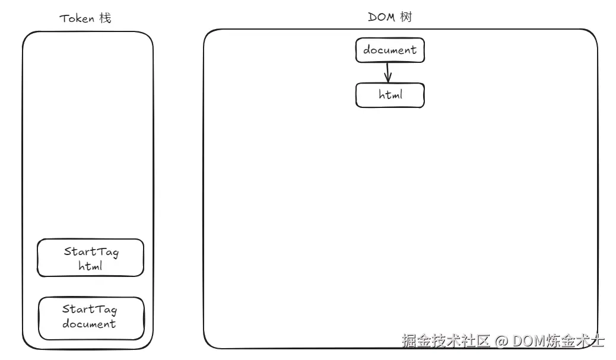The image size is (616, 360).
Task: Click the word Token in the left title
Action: pyautogui.click(x=77, y=18)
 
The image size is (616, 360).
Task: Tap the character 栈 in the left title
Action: pyautogui.click(x=104, y=18)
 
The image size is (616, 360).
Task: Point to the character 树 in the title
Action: pyautogui.click(x=406, y=17)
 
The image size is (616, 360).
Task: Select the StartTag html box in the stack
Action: pyautogui.click(x=90, y=258)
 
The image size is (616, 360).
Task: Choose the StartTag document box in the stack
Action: pyautogui.click(x=91, y=318)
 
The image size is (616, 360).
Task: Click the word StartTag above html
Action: pyautogui.click(x=91, y=251)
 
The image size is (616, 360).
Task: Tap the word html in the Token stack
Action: pyautogui.click(x=90, y=266)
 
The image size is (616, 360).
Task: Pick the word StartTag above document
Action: pyautogui.click(x=90, y=309)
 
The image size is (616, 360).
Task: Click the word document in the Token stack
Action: pyautogui.click(x=89, y=324)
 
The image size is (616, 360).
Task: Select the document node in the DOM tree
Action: pyautogui.click(x=390, y=50)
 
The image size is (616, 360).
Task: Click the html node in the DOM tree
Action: pyautogui.click(x=390, y=95)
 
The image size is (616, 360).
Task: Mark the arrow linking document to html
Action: pyautogui.click(x=388, y=72)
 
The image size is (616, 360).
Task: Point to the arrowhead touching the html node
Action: pyautogui.click(x=388, y=79)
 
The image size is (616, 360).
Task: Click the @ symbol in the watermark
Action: pyautogui.click(x=501, y=341)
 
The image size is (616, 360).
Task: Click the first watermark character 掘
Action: pyautogui.click(x=408, y=341)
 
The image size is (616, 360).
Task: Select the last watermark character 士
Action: pyautogui.click(x=598, y=341)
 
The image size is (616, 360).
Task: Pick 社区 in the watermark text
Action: pyautogui.click(x=475, y=341)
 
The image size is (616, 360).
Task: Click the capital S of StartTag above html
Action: pyautogui.click(x=68, y=251)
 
